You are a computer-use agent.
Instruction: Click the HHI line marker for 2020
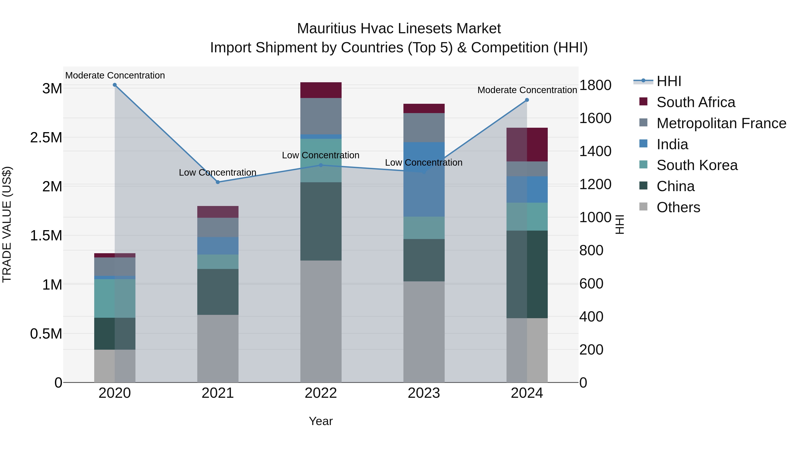click(115, 85)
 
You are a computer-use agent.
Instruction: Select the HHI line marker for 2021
click(218, 182)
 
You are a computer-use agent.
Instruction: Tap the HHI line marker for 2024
click(527, 100)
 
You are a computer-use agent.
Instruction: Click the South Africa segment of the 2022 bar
click(321, 90)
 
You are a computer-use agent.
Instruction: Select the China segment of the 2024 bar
click(527, 274)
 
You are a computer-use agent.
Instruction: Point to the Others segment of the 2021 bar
click(218, 349)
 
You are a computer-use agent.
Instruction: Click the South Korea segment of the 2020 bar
click(115, 298)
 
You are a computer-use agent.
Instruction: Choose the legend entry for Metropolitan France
click(721, 123)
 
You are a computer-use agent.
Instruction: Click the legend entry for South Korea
click(697, 165)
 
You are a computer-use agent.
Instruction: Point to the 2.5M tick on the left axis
click(46, 137)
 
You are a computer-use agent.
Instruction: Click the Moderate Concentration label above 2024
click(527, 90)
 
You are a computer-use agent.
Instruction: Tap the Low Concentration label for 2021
click(217, 173)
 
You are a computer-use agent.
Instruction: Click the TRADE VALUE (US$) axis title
click(7, 224)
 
